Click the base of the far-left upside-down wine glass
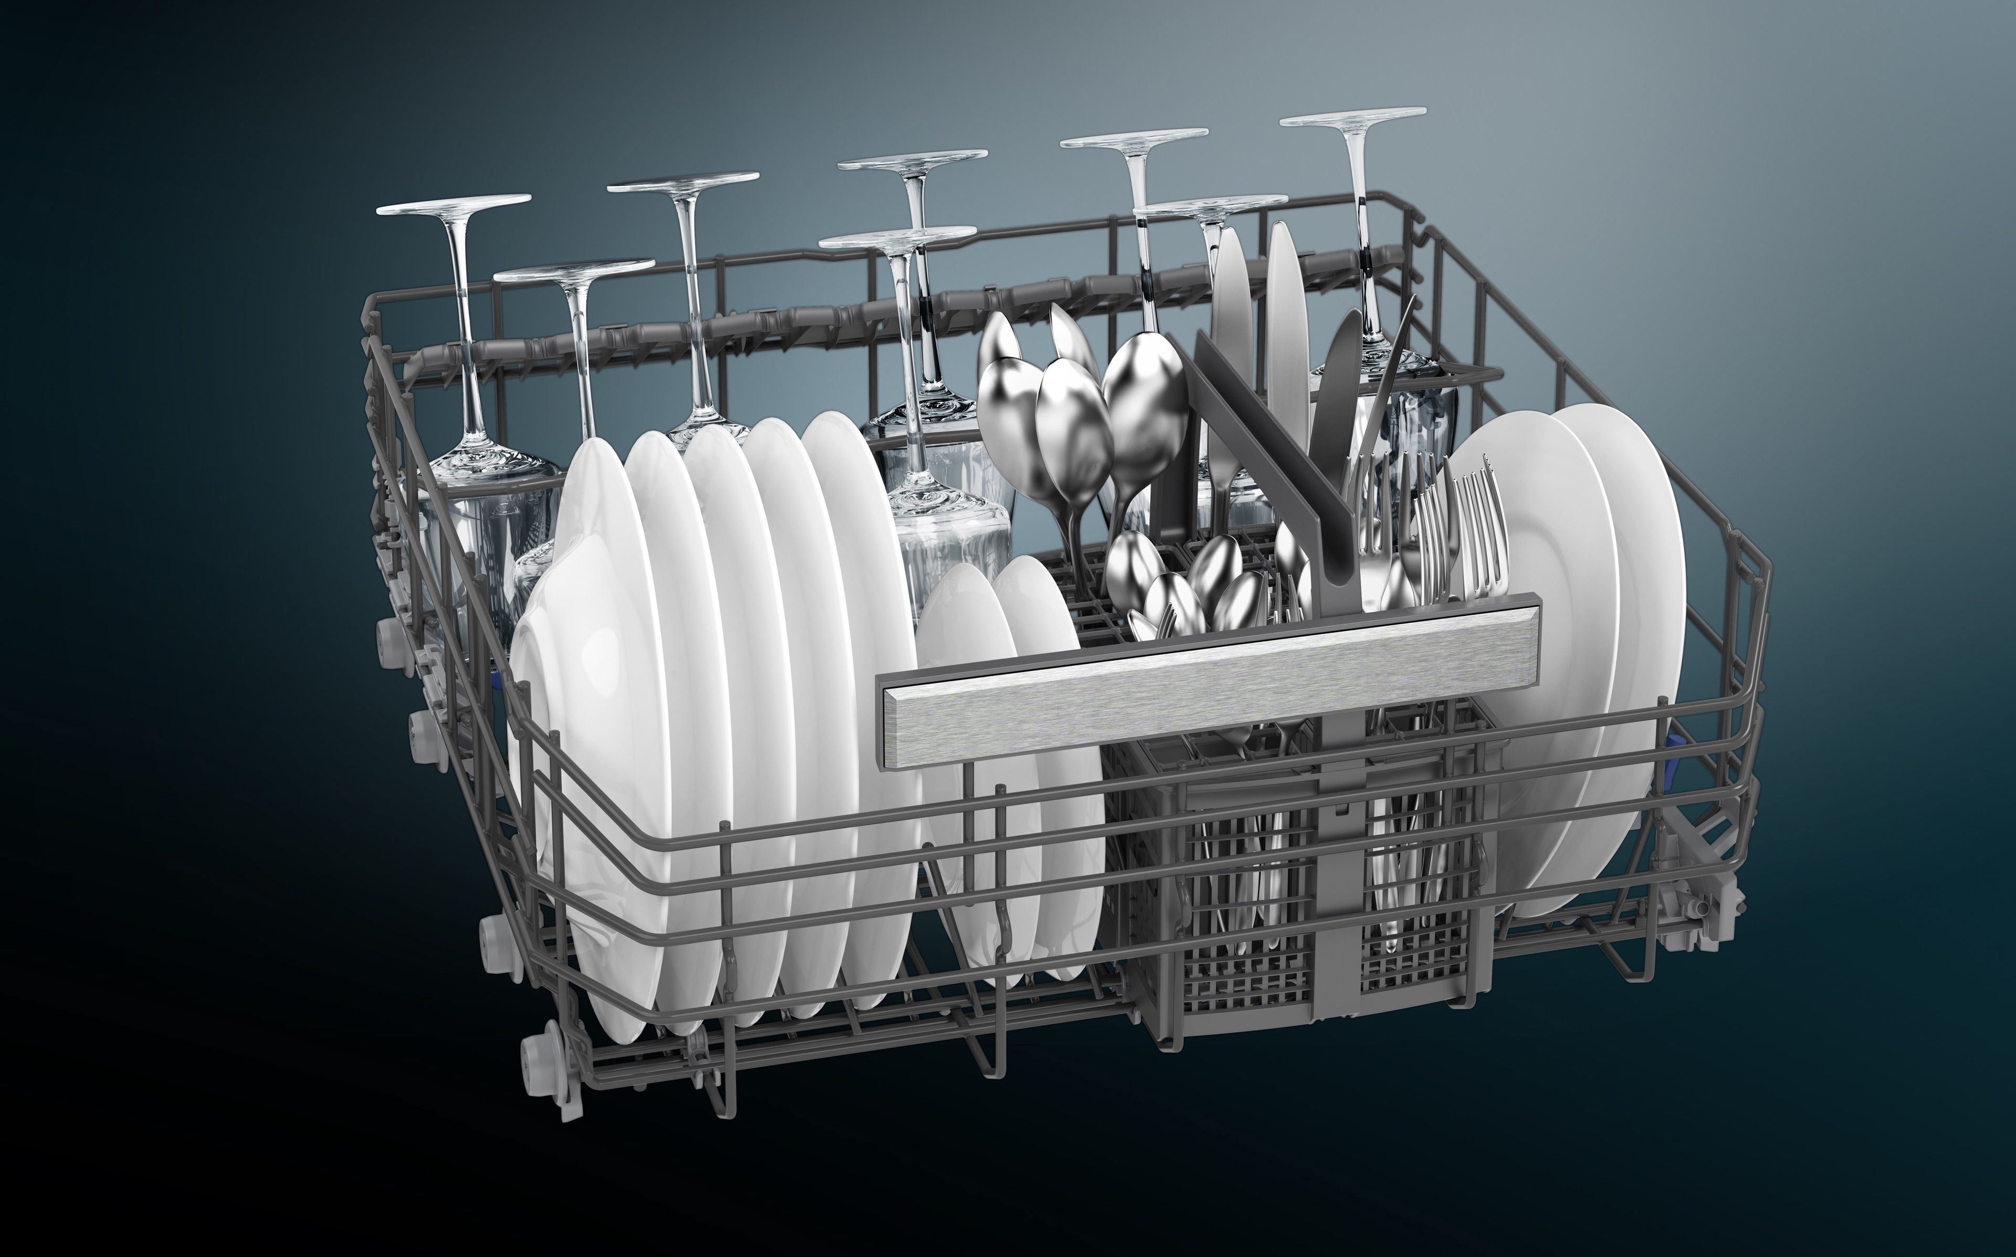(x=453, y=204)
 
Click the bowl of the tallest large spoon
(x=1145, y=399)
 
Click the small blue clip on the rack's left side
(x=497, y=682)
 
